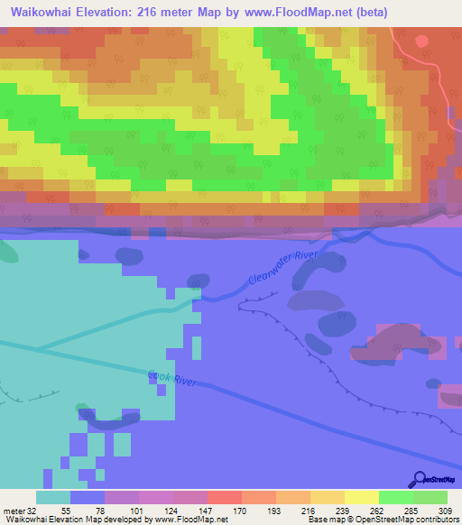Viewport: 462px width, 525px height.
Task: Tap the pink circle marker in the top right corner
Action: [x=422, y=41]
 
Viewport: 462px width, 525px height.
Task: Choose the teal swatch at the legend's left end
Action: [x=53, y=497]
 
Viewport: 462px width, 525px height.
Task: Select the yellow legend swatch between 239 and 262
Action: [x=362, y=497]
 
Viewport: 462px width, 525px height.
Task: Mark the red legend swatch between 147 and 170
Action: [x=225, y=497]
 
